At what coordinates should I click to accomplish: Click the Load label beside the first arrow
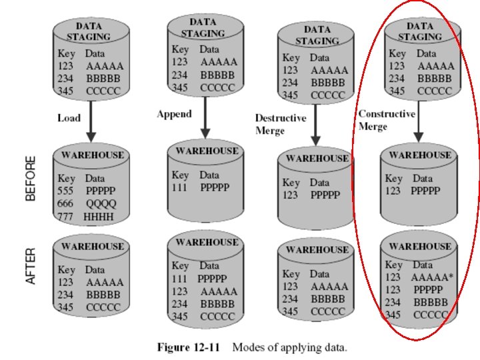coord(69,118)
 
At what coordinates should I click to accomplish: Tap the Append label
coord(174,114)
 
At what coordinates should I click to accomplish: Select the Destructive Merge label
coord(281,124)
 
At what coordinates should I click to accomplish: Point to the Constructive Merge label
coord(387,120)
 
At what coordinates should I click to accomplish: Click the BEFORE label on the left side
coord(31,179)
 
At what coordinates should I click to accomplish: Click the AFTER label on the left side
coord(31,267)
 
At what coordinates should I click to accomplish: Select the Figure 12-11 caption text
coord(252,347)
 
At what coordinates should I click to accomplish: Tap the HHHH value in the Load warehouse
coord(99,217)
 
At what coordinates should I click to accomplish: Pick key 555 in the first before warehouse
coord(67,191)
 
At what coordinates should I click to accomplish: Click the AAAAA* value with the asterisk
coord(432,277)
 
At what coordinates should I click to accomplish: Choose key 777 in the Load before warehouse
coord(67,217)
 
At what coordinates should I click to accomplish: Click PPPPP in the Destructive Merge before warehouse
coord(325,195)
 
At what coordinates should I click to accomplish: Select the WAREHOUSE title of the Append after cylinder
coord(206,241)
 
